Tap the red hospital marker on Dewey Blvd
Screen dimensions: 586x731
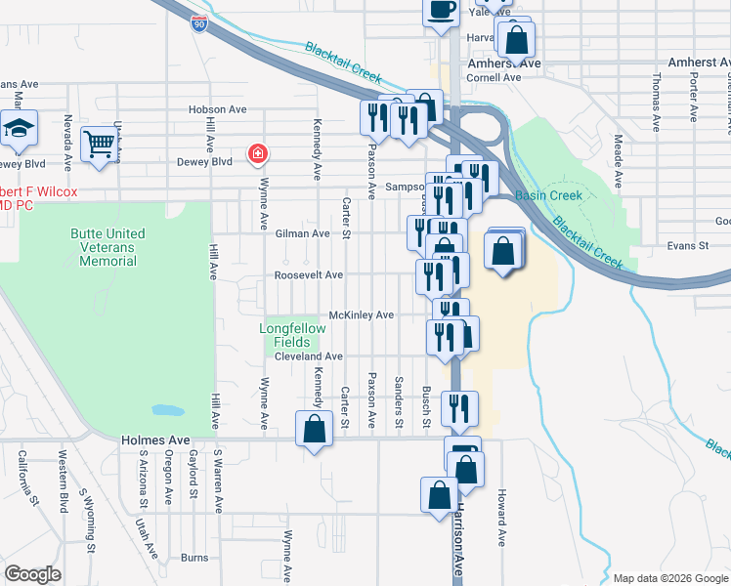(258, 154)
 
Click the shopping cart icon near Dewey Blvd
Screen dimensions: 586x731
(99, 144)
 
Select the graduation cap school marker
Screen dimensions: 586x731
(18, 129)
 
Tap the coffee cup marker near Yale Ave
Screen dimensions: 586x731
(440, 10)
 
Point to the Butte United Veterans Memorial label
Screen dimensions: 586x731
(107, 247)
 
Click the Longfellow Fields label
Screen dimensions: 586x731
(291, 335)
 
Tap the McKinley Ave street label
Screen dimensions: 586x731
(361, 315)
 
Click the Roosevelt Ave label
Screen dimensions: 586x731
(309, 275)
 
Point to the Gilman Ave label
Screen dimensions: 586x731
(302, 233)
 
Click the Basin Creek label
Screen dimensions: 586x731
(548, 195)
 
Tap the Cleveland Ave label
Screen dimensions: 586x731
(308, 356)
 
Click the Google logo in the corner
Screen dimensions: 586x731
(32, 574)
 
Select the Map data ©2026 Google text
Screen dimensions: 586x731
(669, 578)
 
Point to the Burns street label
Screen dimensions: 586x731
(194, 558)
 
